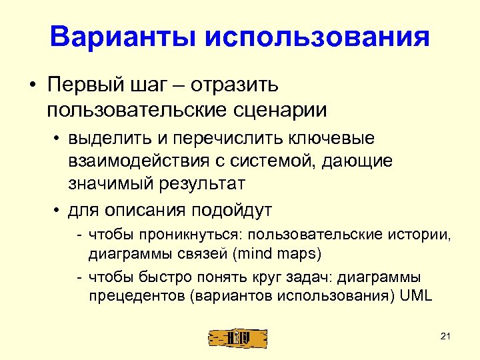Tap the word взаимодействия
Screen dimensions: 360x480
(x=133, y=161)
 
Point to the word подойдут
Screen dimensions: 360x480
(x=232, y=211)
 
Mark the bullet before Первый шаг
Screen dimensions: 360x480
(x=31, y=87)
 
